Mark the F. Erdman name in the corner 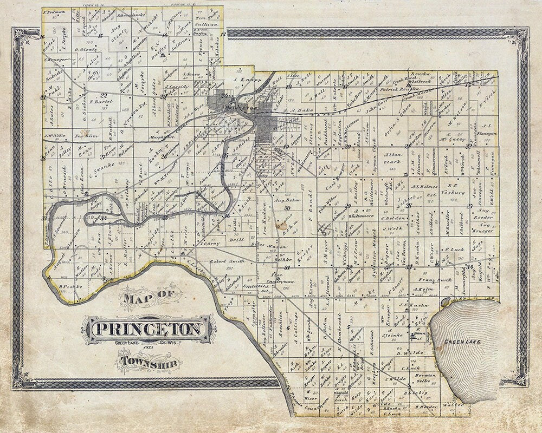pyautogui.click(x=53, y=11)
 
